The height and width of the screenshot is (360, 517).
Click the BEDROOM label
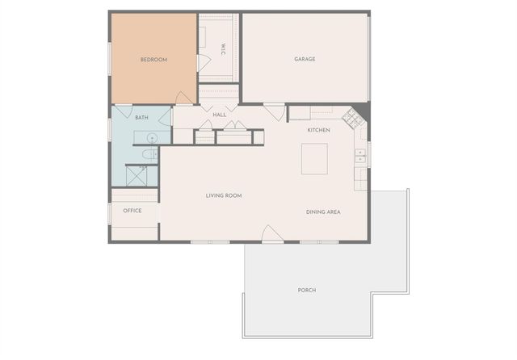click(x=153, y=59)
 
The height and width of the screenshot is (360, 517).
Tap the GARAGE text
click(x=305, y=59)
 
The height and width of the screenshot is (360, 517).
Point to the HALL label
click(x=220, y=115)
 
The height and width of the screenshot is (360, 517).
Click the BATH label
click(x=141, y=118)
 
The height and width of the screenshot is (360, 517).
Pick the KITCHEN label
click(x=319, y=130)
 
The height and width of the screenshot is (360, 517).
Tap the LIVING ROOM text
click(x=224, y=195)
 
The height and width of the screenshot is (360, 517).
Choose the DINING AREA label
click(x=323, y=211)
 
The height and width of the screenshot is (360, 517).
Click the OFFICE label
click(x=132, y=211)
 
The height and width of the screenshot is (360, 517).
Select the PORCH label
click(x=307, y=290)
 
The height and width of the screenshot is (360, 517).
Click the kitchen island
click(x=314, y=158)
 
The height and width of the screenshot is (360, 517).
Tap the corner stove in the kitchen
click(x=353, y=119)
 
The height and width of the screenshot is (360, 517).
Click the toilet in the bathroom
click(x=150, y=154)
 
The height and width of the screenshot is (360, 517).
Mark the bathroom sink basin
click(x=151, y=137)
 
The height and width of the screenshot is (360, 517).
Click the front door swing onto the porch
click(x=272, y=234)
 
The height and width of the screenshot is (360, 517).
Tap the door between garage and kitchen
click(x=275, y=111)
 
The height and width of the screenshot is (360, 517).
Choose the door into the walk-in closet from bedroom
click(x=203, y=63)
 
